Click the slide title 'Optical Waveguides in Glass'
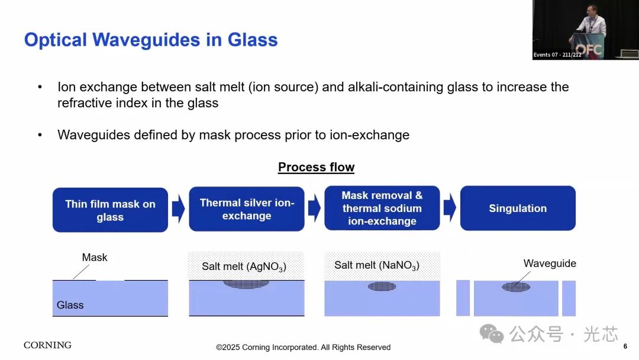(151, 40)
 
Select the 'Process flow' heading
(316, 167)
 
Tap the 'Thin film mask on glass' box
(110, 210)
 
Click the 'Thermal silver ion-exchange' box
(247, 209)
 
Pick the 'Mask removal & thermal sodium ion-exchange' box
(382, 208)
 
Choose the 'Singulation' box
(518, 208)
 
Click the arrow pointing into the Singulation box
(450, 207)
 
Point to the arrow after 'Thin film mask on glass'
(179, 208)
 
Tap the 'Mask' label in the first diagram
(95, 258)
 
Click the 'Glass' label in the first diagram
(70, 305)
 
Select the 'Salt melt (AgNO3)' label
(244, 266)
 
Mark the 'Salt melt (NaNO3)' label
(377, 265)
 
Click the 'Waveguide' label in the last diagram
(550, 263)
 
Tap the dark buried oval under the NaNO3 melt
(382, 286)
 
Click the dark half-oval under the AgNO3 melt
(246, 284)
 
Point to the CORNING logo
(48, 345)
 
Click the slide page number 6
(625, 346)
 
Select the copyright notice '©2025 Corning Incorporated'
(303, 348)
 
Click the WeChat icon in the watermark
(492, 333)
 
